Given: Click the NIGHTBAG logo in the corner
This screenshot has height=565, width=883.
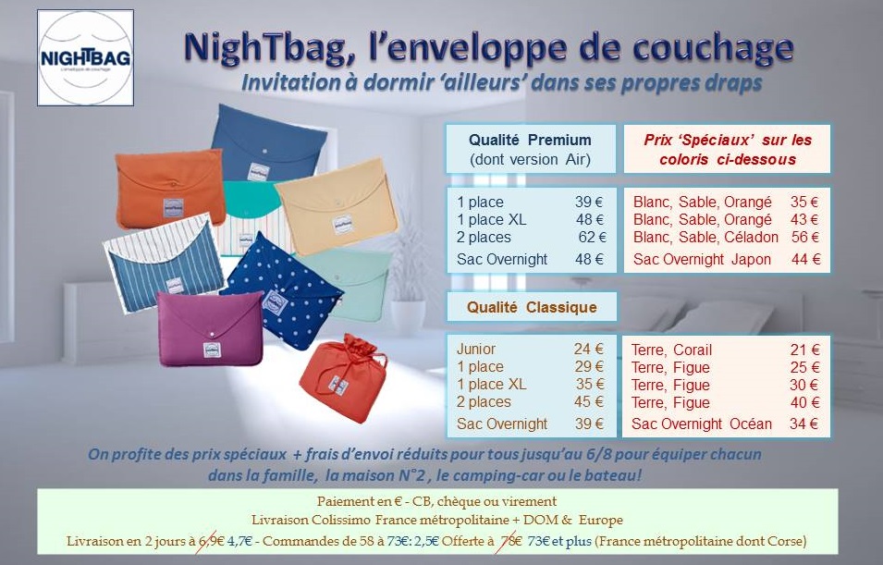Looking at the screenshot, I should pos(86,58).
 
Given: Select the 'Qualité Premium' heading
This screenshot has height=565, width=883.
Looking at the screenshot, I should pos(530,141).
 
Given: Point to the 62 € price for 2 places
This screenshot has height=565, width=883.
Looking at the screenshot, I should pos(591,238).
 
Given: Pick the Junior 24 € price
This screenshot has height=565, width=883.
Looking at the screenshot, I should pos(588,350).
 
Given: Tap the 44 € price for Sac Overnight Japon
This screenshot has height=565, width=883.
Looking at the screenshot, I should pos(805,260).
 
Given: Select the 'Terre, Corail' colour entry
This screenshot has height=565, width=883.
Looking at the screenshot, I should pos(672,350).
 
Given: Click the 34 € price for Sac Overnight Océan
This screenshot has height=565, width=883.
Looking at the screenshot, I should pos(804,424).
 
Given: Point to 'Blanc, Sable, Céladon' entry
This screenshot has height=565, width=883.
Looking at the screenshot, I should pos(701,238).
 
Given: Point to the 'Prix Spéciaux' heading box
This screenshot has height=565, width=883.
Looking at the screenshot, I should pos(727,149).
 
